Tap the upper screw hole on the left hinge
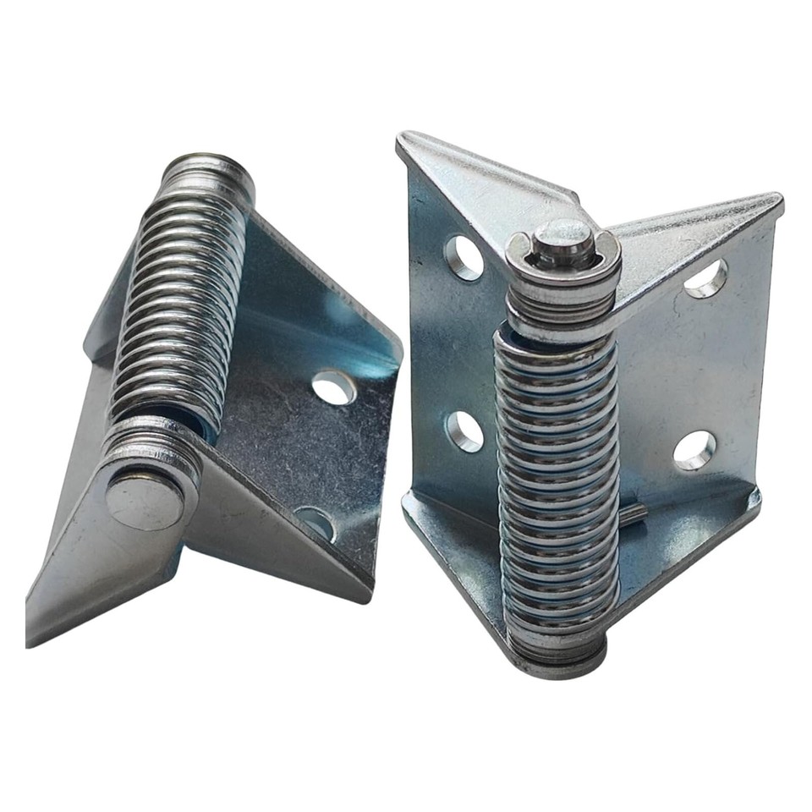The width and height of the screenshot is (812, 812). (x=333, y=387)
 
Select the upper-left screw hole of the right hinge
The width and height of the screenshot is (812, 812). (x=464, y=257)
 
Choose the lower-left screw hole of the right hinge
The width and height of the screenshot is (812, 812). (x=464, y=431)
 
